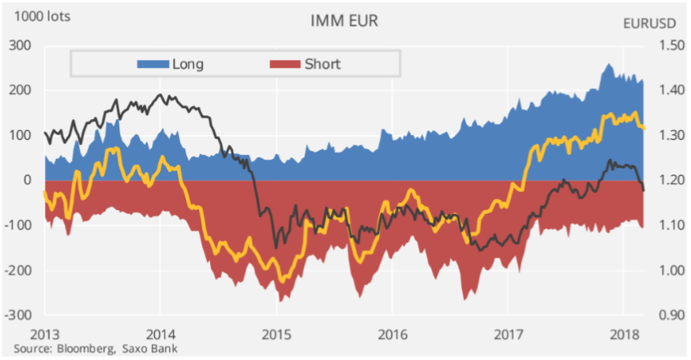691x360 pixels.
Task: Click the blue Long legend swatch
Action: tap(154, 64)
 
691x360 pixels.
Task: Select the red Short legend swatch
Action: tap(284, 64)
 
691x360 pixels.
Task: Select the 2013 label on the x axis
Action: tap(44, 332)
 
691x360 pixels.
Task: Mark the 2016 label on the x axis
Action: tap(392, 332)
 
